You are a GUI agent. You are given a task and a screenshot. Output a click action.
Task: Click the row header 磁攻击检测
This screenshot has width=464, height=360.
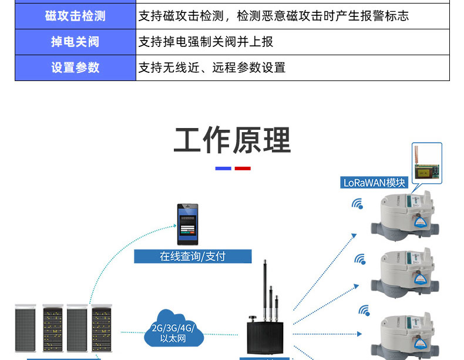(x=75, y=16)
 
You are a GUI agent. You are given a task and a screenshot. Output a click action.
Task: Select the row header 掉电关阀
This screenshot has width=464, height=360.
(x=75, y=42)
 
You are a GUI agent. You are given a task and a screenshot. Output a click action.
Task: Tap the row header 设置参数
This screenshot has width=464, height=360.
(x=75, y=68)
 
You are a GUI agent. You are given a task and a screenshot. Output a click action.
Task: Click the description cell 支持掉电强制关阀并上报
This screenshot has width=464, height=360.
(x=206, y=42)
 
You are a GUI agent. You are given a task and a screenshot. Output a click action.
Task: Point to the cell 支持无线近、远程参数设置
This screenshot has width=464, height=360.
(x=212, y=68)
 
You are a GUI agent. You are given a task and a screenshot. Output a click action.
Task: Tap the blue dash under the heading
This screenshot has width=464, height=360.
(x=223, y=169)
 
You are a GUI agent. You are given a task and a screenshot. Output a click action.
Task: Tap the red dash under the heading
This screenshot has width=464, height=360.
(x=243, y=169)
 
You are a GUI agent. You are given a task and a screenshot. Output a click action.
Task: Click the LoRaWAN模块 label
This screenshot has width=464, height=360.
(x=375, y=183)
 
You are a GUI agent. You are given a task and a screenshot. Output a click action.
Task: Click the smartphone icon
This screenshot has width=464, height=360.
(x=188, y=224)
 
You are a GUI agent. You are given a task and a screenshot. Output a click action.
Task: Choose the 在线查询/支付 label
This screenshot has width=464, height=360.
(x=193, y=256)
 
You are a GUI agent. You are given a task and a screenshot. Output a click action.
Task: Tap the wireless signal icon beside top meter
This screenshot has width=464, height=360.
(x=357, y=204)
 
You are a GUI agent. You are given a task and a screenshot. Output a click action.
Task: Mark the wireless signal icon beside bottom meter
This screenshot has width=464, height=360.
(x=365, y=311)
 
